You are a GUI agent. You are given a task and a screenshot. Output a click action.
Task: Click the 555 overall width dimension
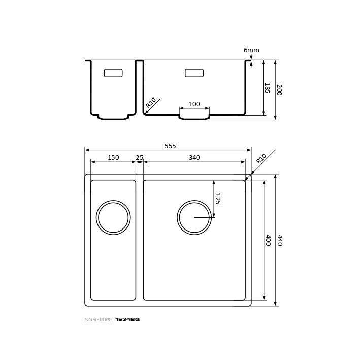[x=170, y=146]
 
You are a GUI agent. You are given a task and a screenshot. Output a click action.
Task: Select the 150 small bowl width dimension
[x=113, y=158]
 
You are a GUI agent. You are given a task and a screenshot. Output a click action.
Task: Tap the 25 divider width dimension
[x=139, y=158]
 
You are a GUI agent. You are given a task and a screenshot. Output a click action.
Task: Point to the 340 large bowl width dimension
[x=194, y=158]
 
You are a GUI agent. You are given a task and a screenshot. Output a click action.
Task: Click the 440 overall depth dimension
[x=280, y=240]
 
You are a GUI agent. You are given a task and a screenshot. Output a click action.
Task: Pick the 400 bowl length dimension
[x=268, y=240]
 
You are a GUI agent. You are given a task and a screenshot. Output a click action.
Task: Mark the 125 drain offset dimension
[x=218, y=199]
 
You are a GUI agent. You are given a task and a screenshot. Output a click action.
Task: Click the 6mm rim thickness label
[x=251, y=50]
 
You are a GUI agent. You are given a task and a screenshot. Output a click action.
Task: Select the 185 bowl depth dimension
[x=267, y=88]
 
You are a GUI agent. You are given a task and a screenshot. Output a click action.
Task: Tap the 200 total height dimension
[x=279, y=90]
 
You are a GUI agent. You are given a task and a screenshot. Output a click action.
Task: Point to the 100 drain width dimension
[x=194, y=104]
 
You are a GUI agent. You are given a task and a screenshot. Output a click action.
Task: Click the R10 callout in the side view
[x=151, y=103]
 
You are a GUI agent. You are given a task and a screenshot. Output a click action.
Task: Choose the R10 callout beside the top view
[x=261, y=158]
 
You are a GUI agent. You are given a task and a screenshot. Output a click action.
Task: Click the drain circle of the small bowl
[x=113, y=201]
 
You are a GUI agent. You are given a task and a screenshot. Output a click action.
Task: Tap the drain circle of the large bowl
[x=194, y=201]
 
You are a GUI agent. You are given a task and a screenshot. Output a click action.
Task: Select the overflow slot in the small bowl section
[x=113, y=73]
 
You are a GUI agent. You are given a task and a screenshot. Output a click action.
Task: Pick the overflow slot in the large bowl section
[x=194, y=73]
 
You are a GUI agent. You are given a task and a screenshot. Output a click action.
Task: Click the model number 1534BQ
[x=127, y=319]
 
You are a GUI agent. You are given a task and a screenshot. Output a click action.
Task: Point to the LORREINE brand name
[x=99, y=319]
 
